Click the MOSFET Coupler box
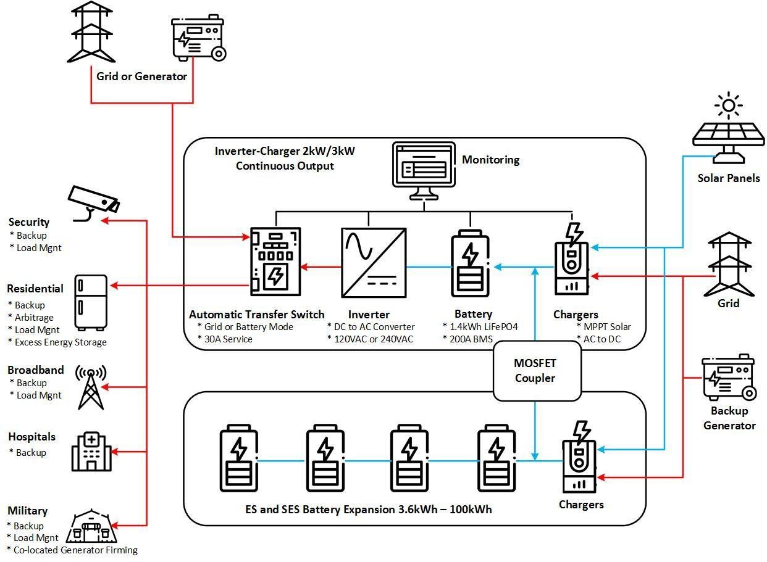click(536, 371)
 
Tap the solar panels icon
click(728, 132)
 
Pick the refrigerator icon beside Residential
click(91, 302)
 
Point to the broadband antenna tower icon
click(91, 387)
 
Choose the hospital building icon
click(91, 452)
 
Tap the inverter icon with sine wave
click(374, 263)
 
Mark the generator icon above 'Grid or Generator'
click(198, 39)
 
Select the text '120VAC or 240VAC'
click(374, 339)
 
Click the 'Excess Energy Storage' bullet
click(60, 342)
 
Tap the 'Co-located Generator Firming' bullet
click(75, 550)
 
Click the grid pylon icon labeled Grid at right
click(729, 263)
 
